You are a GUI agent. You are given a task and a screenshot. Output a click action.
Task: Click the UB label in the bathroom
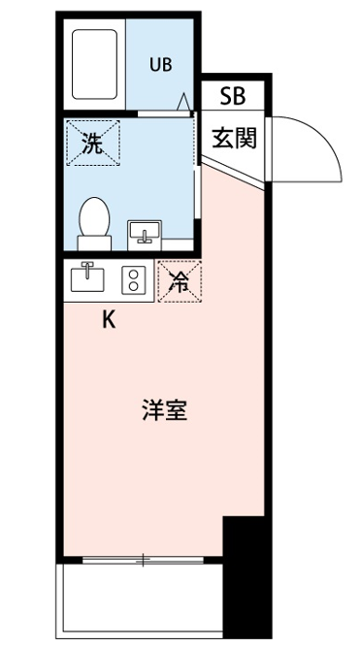[x=161, y=64]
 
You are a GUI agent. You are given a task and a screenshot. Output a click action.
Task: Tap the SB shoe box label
[x=233, y=96]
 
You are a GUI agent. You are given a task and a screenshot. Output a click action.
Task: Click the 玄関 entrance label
[x=235, y=138]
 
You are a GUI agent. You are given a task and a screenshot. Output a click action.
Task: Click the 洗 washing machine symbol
[x=93, y=143]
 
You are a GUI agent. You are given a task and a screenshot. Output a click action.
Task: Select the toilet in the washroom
[x=94, y=223]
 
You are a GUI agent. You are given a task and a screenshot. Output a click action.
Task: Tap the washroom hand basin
[x=145, y=235]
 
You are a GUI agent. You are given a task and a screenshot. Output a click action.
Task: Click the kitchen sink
[x=87, y=277]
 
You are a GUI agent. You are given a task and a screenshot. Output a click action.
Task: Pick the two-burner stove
[x=134, y=279]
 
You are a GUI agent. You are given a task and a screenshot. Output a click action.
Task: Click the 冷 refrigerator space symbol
[x=180, y=281]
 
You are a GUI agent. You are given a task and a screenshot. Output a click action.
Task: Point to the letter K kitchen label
[x=109, y=319]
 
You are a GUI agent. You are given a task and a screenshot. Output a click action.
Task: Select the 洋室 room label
[x=165, y=410]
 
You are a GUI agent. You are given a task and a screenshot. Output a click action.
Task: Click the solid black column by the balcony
[x=247, y=577]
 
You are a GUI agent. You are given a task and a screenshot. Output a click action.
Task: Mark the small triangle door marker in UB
[x=183, y=102]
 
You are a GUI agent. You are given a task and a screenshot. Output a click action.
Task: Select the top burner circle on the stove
[x=134, y=274]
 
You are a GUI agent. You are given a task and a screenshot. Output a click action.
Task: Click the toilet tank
[x=94, y=243]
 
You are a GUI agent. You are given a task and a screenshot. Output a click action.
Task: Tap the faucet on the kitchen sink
[x=87, y=269]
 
